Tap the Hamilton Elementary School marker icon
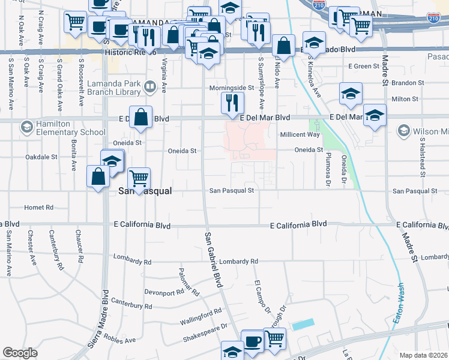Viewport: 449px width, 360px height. tap(26, 127)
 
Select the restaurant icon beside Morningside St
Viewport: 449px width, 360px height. tap(232, 103)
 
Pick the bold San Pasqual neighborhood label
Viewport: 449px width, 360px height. tap(145, 191)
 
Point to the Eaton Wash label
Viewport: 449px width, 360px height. tap(398, 305)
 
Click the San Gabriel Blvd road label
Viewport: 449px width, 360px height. tap(213, 258)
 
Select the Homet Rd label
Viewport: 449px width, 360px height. tap(39, 208)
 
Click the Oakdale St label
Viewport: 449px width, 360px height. tap(41, 157)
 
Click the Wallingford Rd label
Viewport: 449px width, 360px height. tap(200, 317)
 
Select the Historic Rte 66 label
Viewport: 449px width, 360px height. tap(131, 53)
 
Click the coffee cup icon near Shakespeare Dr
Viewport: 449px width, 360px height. tap(252, 341)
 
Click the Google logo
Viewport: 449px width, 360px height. tap(20, 353)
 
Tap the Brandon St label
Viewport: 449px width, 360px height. tap(408, 82)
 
